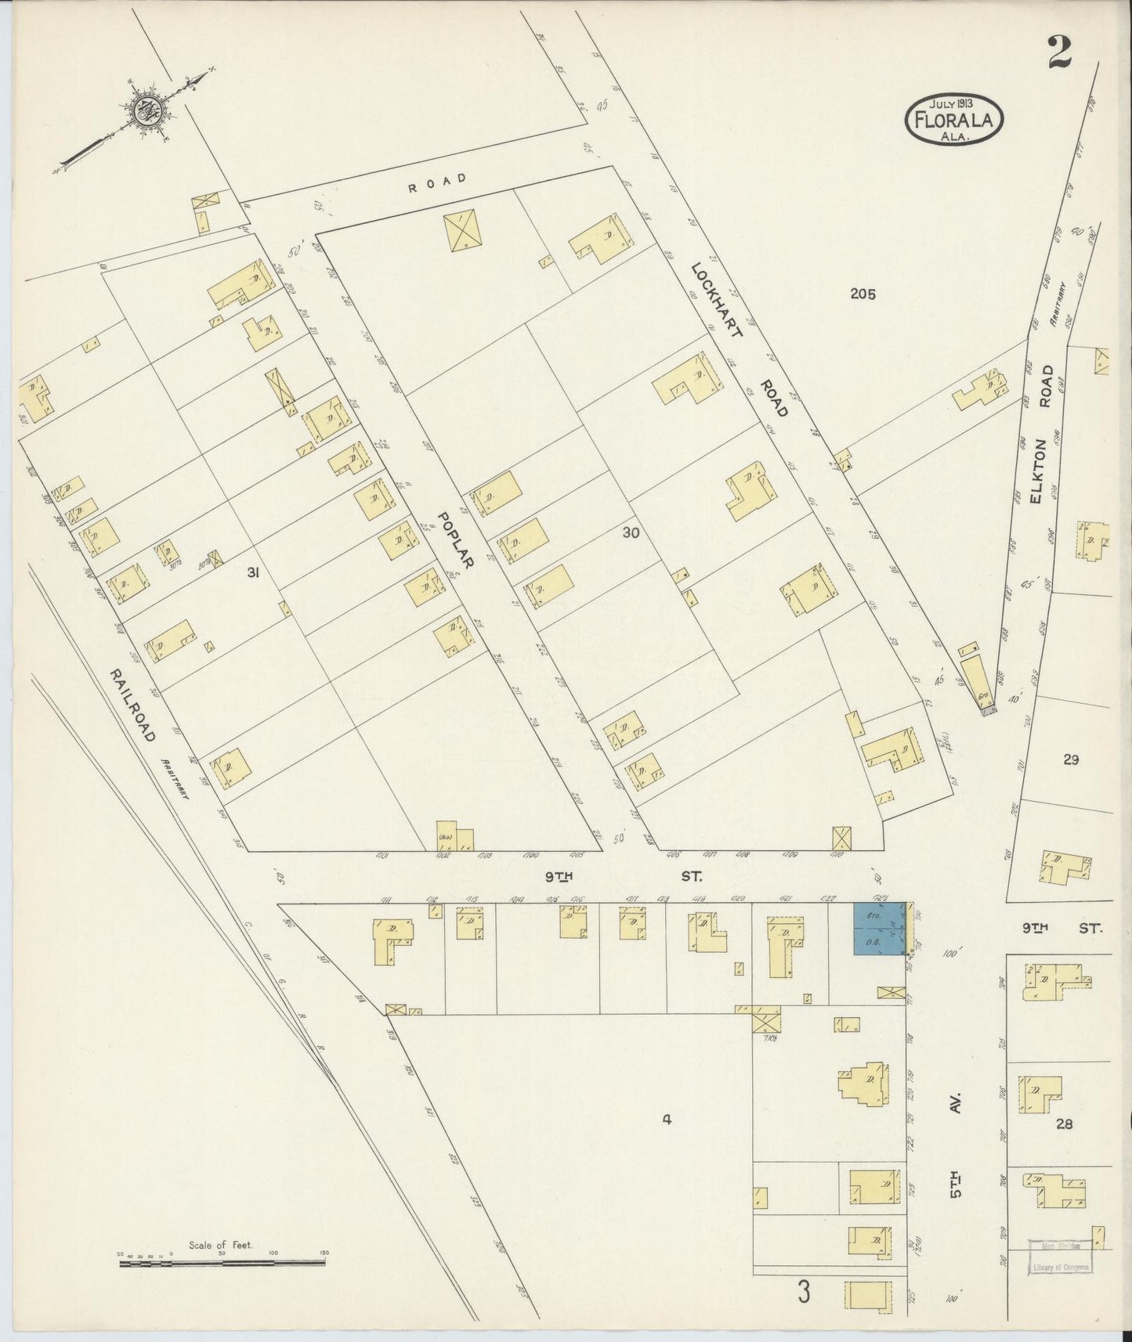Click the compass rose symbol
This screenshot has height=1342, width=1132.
(x=146, y=111)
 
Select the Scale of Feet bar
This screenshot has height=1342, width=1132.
(x=222, y=1261)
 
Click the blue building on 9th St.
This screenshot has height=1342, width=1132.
(x=880, y=929)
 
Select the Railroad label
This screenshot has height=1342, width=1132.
(x=133, y=705)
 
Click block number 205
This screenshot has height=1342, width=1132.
(x=863, y=294)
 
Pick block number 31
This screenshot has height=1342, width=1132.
(x=252, y=572)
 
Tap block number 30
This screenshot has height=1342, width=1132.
(x=631, y=532)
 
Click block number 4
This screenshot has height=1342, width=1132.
(x=667, y=1120)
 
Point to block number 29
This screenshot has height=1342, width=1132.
(x=1071, y=759)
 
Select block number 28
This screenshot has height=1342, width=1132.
(x=1064, y=1124)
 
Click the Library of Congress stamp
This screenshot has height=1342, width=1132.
(x=1058, y=1256)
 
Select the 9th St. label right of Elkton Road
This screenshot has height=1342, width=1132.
(x=1061, y=929)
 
